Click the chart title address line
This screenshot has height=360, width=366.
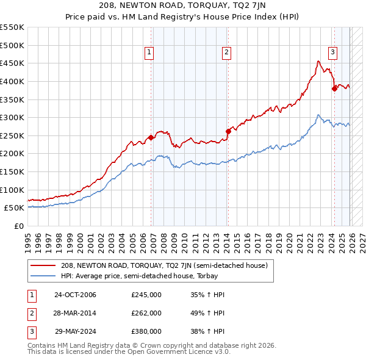pos(183,7)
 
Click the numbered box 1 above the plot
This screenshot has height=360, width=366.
pos(149,53)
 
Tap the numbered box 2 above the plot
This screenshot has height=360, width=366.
pos(226,53)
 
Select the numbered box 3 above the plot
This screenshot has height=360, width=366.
pos(332,53)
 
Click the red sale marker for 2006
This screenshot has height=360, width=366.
pos(151,137)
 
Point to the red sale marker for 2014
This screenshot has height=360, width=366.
pos(228,131)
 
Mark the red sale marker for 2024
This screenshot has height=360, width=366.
pos(334,88)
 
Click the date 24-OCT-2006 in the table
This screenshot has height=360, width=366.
pos(75,295)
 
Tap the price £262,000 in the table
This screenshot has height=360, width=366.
pos(146,313)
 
